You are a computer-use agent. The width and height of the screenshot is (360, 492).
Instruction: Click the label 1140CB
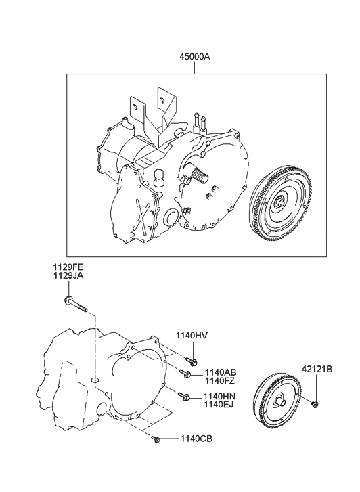pos(197,439)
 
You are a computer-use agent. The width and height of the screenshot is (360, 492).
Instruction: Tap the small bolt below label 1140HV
pos(192,361)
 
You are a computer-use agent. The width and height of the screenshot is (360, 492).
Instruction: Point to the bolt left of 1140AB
pos(185,373)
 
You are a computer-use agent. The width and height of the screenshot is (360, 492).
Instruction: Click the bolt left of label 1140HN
pos(183,395)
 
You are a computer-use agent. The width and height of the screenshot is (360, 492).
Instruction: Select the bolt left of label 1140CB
pos(157,439)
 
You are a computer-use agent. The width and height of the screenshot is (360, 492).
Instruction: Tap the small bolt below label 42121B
pos(315,405)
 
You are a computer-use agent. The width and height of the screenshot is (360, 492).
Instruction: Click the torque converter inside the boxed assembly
pos(281,203)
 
